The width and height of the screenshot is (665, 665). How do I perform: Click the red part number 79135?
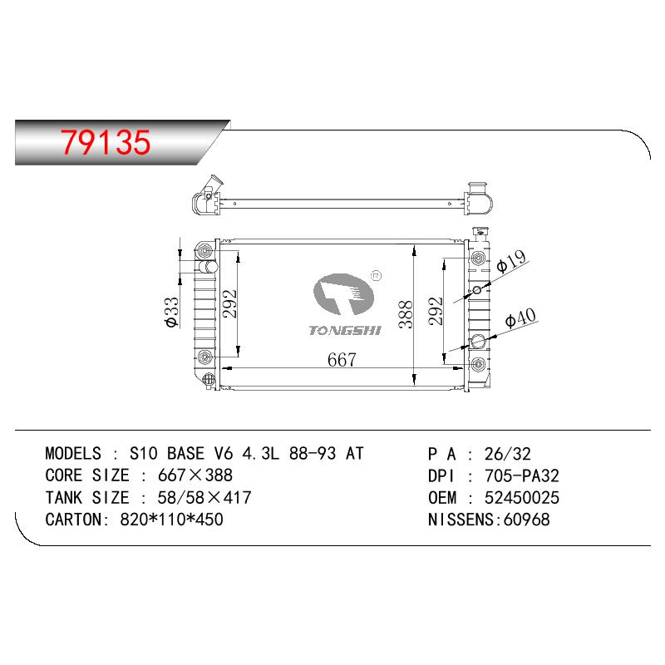coord(106,141)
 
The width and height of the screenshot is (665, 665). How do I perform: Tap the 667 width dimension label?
coord(342,360)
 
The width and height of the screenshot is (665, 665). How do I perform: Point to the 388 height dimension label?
coord(406,314)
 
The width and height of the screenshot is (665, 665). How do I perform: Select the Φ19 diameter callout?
coord(511,261)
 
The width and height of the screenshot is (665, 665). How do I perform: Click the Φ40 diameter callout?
coord(520,318)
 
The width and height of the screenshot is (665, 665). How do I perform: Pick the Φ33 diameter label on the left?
coord(172,313)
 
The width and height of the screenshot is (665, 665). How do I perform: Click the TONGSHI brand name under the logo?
coord(345,330)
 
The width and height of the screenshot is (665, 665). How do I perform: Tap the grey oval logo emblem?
coord(343,294)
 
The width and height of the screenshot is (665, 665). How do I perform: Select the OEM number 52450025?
coord(522,497)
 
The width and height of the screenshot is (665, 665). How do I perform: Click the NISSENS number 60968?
coord(526,520)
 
